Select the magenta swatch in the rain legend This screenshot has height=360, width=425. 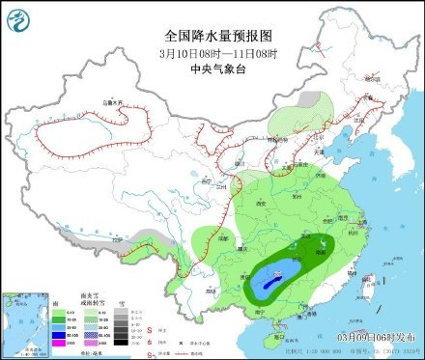[59, 342]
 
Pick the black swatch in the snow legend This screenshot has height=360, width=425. [122, 342]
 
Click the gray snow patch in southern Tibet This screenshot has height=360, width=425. [145, 237]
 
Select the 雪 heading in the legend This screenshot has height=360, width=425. [122, 301]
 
